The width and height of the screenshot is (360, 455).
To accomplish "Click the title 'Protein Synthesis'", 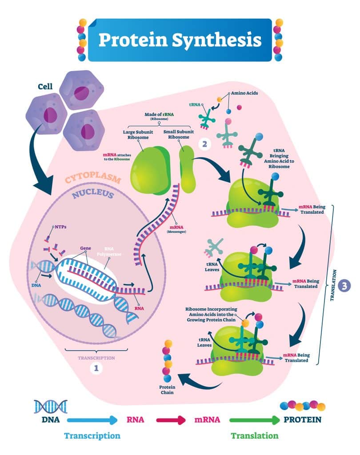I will click(180, 40).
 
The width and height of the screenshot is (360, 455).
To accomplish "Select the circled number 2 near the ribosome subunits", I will click(204, 144).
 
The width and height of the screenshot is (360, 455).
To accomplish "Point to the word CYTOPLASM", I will click(93, 179).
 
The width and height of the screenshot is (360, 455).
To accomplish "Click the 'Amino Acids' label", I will click(242, 94).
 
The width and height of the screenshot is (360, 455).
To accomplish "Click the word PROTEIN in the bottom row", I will click(302, 419).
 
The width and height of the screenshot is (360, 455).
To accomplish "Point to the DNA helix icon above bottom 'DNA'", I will click(50, 406).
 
